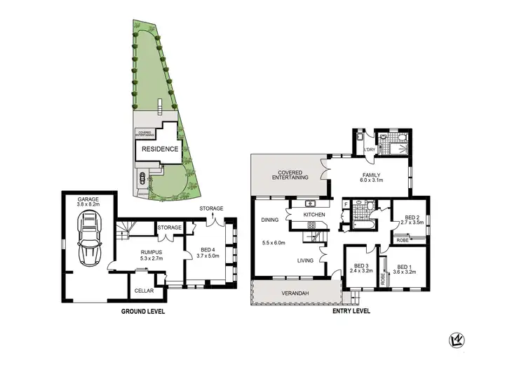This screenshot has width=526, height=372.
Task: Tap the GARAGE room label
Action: pos(89,199)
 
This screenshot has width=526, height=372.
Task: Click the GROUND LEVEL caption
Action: pos(143,311)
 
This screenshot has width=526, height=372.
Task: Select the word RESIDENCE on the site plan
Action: pos(160,150)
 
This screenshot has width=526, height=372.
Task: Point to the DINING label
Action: pos(269,220)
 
